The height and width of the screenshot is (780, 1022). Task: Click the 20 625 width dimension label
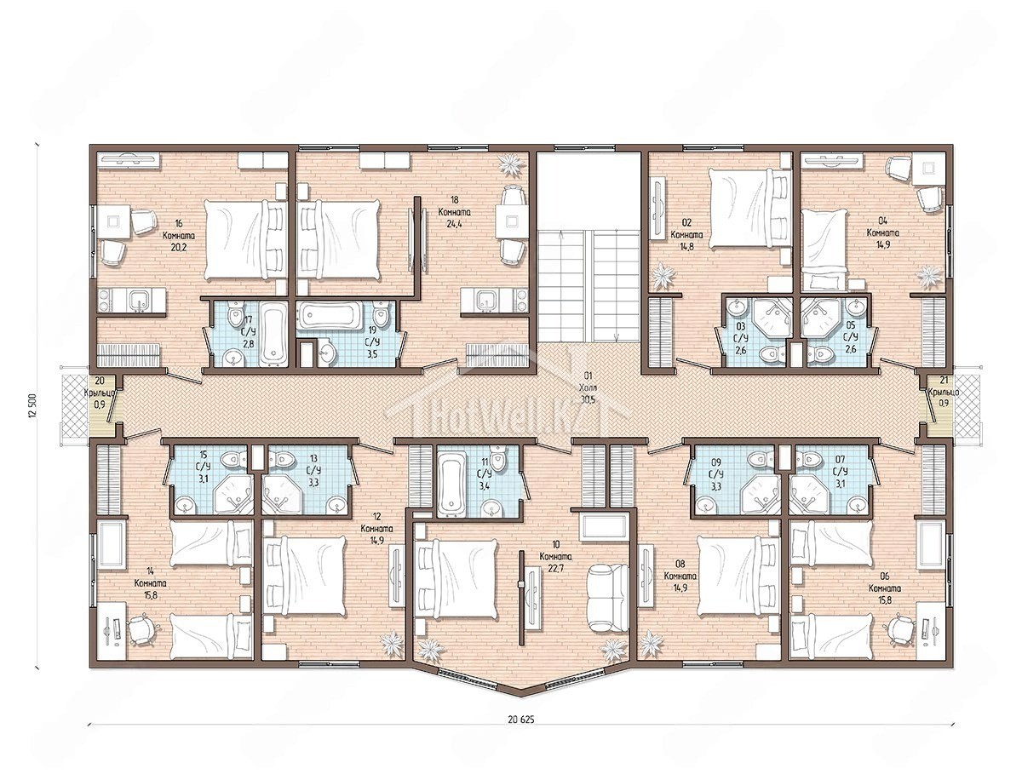[x=521, y=719]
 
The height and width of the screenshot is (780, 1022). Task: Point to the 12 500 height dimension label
[x=32, y=406]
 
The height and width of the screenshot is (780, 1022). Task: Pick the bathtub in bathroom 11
[x=451, y=481]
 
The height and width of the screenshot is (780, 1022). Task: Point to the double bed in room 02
[x=749, y=207]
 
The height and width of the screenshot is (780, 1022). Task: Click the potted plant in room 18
[x=511, y=164]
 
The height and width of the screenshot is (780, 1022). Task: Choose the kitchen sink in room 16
[x=140, y=301]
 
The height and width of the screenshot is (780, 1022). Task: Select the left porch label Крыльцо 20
[x=100, y=393]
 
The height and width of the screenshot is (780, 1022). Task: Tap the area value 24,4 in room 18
[x=455, y=224]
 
